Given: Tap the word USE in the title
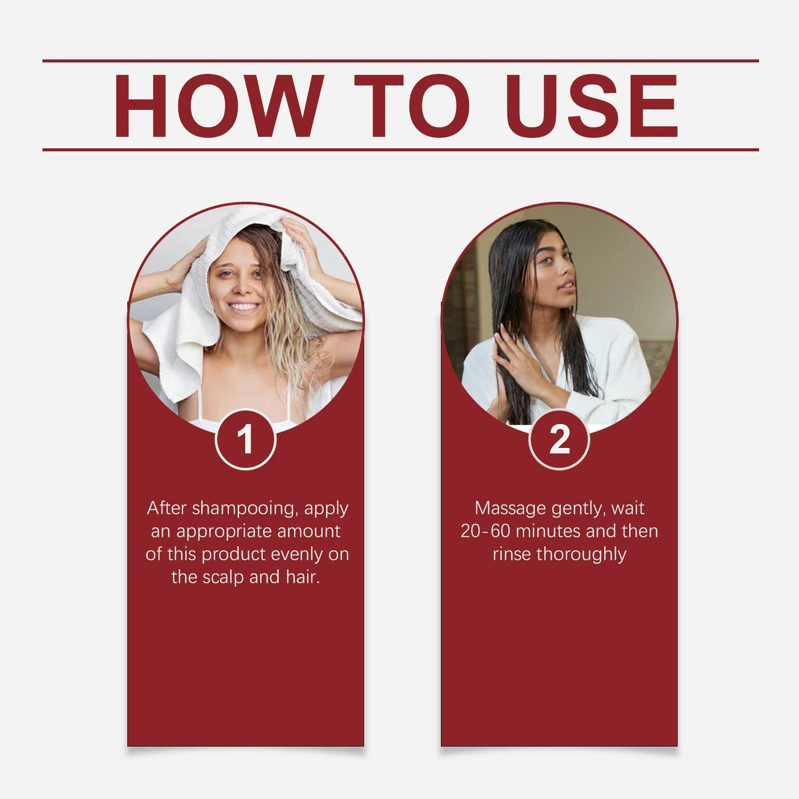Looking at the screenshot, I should pos(591,106).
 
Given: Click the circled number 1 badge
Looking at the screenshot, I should pos(245,440).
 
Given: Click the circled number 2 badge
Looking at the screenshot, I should pos(559,440).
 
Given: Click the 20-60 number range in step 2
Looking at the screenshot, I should pos(485,531).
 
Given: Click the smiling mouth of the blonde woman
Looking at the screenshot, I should pos(243,307).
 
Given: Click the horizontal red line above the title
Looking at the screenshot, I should pos(400,61).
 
